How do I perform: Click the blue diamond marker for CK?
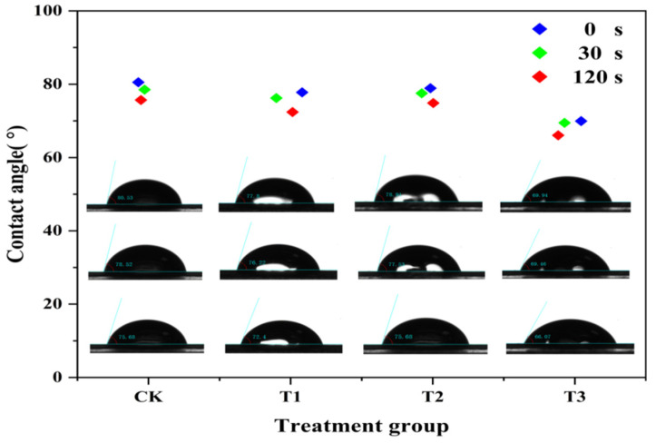138,83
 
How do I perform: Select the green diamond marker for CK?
144,90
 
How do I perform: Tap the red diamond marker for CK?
141,100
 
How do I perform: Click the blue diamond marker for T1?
302,93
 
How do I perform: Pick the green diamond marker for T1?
277,98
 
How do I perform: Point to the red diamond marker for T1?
292,112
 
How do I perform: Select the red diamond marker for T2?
433,103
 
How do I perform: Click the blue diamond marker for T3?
581,121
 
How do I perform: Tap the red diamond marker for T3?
558,135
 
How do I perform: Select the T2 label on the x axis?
429,397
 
